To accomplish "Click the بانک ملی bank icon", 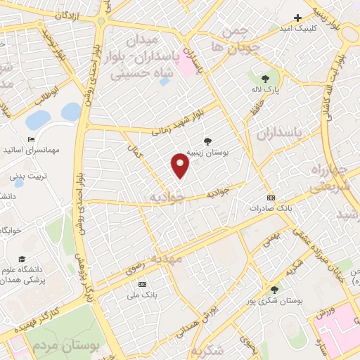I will point(143,284).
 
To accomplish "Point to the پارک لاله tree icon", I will point(264,79).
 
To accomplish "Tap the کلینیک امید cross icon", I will point(297,18).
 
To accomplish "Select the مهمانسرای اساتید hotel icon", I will point(30,140).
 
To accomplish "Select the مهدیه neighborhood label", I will point(167,259).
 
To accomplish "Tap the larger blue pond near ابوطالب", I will point(71,111).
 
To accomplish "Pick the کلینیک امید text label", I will point(316,28).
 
